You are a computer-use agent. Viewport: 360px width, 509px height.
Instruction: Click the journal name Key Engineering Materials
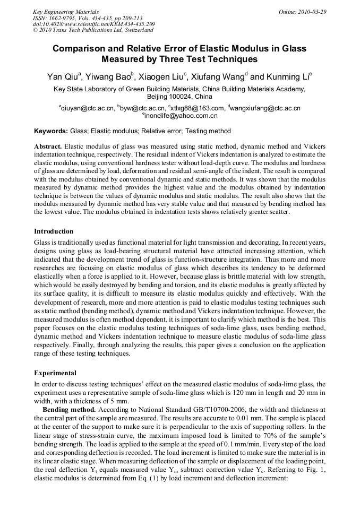pos(66,12)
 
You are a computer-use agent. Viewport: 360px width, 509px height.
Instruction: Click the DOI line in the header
pos(94,24)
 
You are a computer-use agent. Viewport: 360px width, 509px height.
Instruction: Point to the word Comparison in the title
pos(82,48)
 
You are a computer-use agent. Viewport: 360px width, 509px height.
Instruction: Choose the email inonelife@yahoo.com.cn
pos(181,116)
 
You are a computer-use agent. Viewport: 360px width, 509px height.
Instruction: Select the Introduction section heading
pos(54,231)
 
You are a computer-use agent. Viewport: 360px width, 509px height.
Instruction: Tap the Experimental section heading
pos(55,373)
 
